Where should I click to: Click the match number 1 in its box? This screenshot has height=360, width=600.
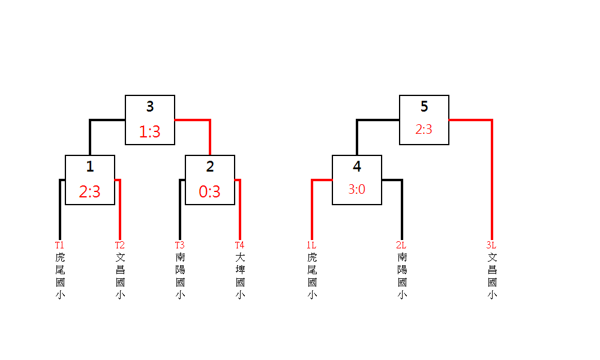click(x=90, y=167)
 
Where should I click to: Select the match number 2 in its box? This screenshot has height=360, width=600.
click(x=210, y=167)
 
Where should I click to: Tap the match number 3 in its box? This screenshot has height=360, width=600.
click(x=150, y=107)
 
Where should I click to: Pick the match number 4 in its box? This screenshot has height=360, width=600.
click(x=357, y=167)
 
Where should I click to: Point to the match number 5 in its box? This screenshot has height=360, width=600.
click(x=424, y=107)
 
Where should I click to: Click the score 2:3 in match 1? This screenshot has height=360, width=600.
click(x=89, y=192)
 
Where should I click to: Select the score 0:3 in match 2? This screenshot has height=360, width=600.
click(x=209, y=192)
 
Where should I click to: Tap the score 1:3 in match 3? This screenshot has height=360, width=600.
click(x=149, y=132)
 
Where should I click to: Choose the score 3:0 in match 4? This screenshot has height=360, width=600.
click(x=356, y=190)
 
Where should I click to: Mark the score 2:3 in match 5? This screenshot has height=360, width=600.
click(x=424, y=130)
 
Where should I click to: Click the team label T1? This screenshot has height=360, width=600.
click(x=59, y=245)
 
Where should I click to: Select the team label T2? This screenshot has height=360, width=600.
click(x=120, y=245)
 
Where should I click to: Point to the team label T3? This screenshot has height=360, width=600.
click(x=179, y=245)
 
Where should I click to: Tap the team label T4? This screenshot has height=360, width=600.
click(x=239, y=245)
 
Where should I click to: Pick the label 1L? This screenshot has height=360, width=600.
click(x=311, y=245)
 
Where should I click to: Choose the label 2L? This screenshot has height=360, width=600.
click(x=401, y=245)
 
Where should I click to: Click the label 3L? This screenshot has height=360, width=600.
click(x=491, y=245)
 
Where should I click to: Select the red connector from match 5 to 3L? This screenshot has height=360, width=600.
click(x=491, y=180)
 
